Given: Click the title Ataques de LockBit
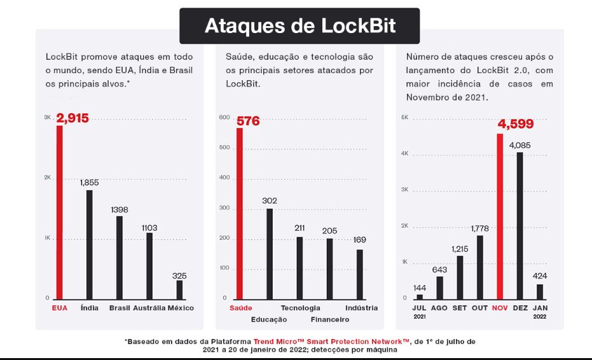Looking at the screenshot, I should [x=299, y=25].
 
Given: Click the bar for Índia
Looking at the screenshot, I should [x=90, y=244].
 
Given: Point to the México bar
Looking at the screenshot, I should [x=179, y=289].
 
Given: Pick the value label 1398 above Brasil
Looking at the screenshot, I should [x=120, y=209].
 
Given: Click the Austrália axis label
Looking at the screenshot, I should [x=149, y=308].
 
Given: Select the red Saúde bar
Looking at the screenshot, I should [x=240, y=213].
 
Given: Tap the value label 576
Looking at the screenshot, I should [x=248, y=121].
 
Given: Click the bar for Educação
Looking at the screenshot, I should [x=270, y=253].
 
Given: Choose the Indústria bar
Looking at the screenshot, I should [x=360, y=273].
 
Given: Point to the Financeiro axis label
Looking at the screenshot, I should [x=330, y=319].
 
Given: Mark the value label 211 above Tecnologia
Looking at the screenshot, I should [x=299, y=228].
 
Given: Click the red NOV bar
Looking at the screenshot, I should [x=500, y=216].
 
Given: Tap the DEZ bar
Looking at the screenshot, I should [x=520, y=225].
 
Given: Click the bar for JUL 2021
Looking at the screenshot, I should [x=419, y=296].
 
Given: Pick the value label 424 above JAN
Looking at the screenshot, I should [x=540, y=275].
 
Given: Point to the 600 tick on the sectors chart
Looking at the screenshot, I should [x=223, y=118].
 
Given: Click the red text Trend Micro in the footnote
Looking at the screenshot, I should [x=277, y=342].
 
